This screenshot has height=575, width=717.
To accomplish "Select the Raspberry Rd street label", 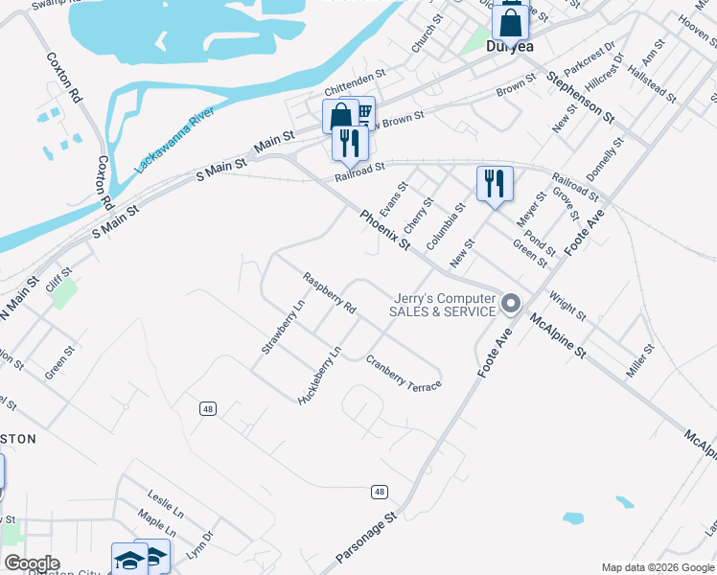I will pos(330,294).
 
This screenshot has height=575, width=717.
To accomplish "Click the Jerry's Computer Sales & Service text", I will pos(442,305).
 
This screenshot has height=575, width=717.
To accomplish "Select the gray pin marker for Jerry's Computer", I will pos(511,305).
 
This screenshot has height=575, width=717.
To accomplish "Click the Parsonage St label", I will pos(365,538).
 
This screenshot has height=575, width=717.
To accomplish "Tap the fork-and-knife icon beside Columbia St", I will pos(495,182).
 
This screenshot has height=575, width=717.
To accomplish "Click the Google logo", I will pos(31,563).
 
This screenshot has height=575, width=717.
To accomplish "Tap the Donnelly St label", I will pos(612,160).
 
